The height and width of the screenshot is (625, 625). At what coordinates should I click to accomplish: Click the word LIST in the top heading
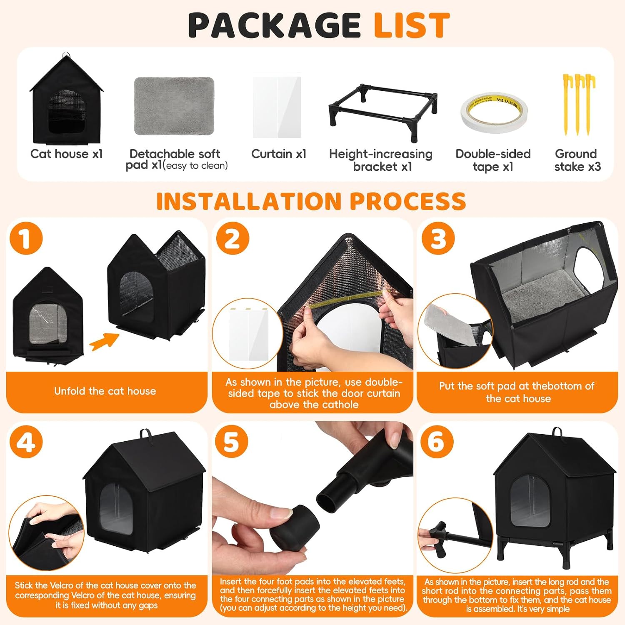412,25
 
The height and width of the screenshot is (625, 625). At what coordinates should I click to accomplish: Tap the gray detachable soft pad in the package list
174,106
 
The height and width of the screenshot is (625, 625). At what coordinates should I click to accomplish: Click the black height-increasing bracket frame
382,112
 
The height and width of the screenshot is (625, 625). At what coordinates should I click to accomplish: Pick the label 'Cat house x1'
67,154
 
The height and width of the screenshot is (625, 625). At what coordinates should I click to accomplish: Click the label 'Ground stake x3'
577,160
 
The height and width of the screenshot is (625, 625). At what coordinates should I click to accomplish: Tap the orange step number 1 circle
26,238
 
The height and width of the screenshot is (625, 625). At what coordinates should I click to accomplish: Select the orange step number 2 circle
232,238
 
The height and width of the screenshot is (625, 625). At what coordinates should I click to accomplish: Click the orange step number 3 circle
438,238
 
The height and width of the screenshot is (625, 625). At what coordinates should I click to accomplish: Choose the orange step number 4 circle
26,442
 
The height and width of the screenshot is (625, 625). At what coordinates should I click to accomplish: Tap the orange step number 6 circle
437,442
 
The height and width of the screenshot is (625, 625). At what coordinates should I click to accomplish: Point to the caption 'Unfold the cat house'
105,391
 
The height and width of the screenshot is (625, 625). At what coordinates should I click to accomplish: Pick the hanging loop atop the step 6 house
557,433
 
